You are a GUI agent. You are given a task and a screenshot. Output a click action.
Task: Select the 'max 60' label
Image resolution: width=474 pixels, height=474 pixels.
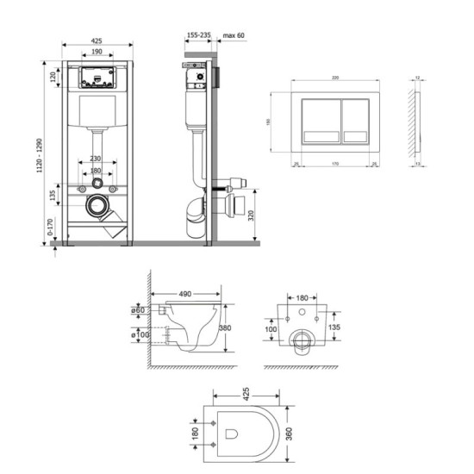234,35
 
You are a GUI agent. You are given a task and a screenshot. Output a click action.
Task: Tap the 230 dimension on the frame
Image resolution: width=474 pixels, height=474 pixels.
95,159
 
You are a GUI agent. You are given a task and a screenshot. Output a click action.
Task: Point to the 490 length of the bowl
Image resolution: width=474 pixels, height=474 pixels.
184,294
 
